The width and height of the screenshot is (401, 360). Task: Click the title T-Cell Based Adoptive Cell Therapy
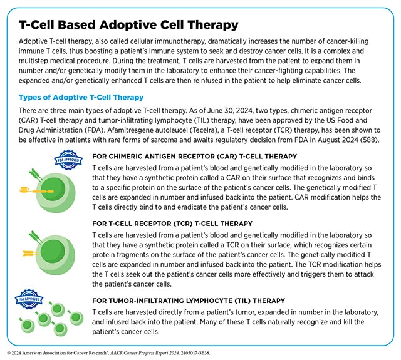(x=128, y=25)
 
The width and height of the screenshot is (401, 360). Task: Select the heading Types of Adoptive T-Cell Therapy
(x=81, y=97)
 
